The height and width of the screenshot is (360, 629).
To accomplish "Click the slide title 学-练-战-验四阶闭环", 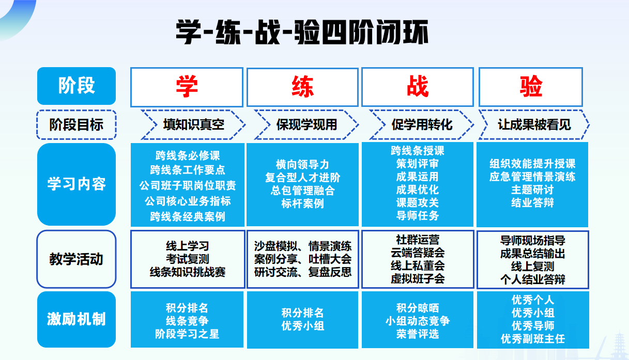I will point(302,33).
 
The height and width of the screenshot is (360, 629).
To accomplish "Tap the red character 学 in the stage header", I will point(187,86).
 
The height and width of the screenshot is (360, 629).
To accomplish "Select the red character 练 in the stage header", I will point(302,86).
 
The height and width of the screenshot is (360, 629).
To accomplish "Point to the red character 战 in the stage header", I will point(417,86).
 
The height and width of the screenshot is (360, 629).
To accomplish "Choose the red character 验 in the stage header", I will point(531,86).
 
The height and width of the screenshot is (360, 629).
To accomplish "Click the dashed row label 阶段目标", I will point(76,124).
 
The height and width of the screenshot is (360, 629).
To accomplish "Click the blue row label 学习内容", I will point(76,184).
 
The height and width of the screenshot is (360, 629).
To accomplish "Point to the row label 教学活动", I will point(76,259).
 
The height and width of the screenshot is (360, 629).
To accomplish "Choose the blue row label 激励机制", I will point(76,319).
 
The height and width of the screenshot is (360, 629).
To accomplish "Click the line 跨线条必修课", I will point(188,155).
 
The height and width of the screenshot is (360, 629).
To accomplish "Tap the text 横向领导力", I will point(302,165).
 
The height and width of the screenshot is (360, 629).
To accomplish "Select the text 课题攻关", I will point(417,202).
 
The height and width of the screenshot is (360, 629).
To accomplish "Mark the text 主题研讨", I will point(532,190).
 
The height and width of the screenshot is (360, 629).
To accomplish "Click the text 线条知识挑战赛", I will point(188,272).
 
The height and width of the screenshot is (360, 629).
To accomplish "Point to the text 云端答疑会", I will point(417,253).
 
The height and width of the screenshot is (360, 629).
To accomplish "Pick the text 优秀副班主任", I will point(532,339).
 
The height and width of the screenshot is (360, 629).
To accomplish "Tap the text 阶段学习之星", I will point(187,334).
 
